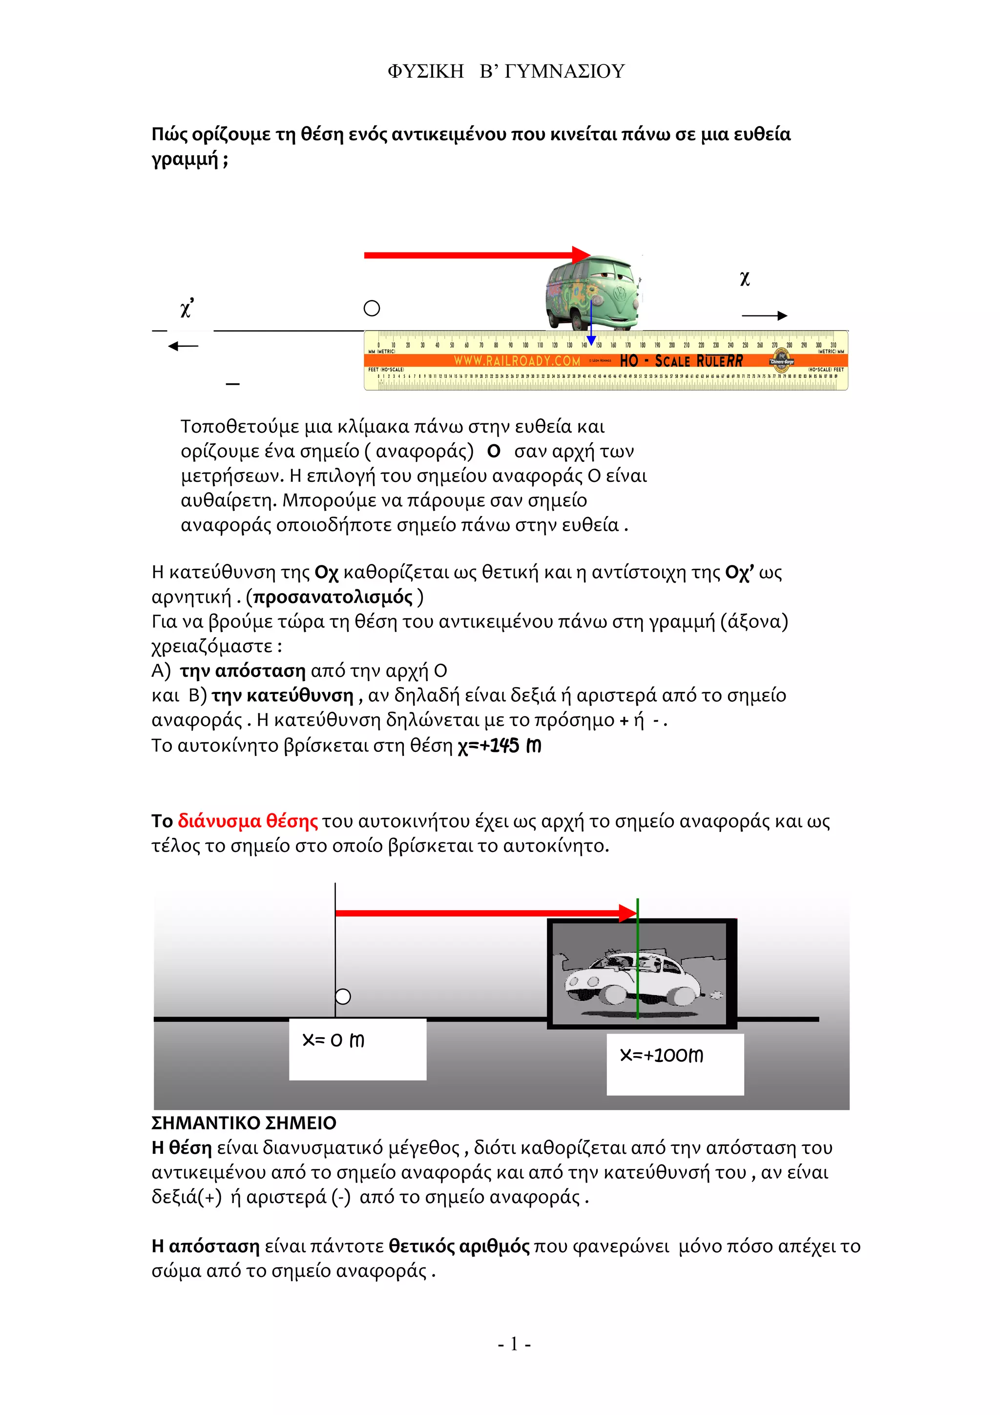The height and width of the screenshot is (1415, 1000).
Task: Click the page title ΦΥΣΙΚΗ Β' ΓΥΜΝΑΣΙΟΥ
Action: [x=506, y=71]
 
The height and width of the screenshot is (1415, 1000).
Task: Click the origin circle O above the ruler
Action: [x=372, y=308]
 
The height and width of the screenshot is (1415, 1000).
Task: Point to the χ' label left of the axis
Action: [x=187, y=308]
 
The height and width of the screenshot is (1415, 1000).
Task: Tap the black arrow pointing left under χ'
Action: [x=183, y=346]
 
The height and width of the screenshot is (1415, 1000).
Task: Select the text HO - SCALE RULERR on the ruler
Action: [x=681, y=360]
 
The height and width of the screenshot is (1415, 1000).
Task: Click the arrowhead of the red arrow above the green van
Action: [x=581, y=254]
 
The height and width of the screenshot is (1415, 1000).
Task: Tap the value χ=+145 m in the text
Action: [x=499, y=746]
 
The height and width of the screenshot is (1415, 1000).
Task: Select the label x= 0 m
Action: [x=333, y=1040]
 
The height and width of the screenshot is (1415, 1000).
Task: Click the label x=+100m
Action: [x=661, y=1055]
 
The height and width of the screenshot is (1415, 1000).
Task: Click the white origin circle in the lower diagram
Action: [x=343, y=997]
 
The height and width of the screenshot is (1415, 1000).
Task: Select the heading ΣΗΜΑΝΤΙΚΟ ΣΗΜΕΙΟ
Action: [x=244, y=1123]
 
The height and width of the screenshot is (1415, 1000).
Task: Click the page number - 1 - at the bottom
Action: [x=514, y=1344]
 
